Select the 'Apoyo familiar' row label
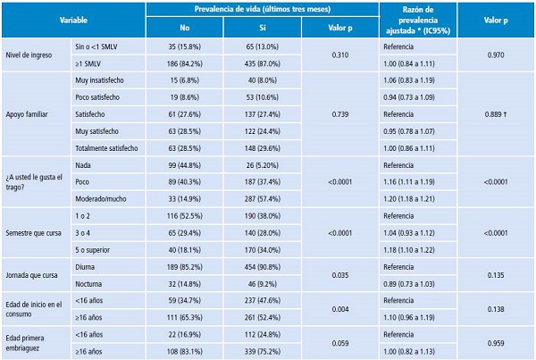(31, 115)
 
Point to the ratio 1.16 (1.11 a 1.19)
(413, 181)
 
